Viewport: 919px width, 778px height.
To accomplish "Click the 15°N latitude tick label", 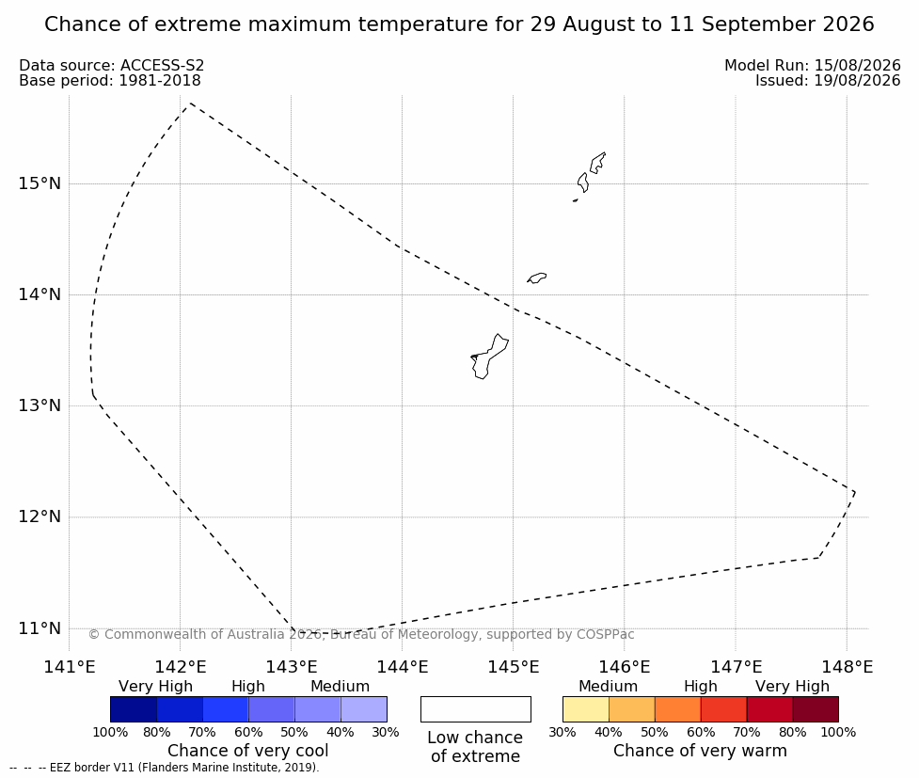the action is (40, 183).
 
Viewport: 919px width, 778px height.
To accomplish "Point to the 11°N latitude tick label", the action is (40, 628).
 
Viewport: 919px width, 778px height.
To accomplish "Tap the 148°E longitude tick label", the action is (847, 667).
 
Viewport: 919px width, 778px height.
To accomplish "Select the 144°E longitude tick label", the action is (402, 667).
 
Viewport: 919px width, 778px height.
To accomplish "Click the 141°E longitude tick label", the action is (70, 667).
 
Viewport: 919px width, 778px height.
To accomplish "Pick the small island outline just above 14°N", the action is (537, 278).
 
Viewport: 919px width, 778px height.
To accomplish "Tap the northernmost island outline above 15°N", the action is (598, 162).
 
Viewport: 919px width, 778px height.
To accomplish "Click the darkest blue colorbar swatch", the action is (134, 709).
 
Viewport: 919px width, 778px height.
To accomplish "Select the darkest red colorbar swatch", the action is (816, 709).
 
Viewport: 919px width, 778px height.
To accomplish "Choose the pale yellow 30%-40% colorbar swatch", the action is (586, 709).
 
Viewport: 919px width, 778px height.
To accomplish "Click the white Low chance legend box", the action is (476, 709).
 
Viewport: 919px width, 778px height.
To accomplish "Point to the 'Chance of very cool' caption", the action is (248, 751).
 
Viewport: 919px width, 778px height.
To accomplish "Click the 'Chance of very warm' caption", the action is (701, 751).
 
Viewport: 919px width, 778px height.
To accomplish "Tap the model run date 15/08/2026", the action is (858, 65).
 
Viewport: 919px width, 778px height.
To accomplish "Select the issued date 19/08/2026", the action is (858, 80).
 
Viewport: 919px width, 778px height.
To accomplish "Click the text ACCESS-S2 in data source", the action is (163, 65).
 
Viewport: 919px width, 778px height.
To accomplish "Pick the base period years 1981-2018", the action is (160, 80).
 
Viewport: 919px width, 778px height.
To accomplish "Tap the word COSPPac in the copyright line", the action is (606, 634).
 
